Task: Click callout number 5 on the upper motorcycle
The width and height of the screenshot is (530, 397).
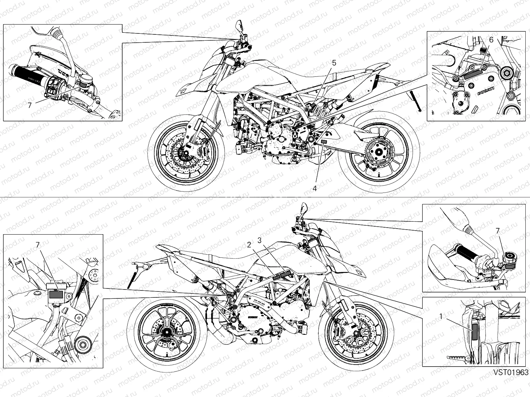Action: (x=334, y=63)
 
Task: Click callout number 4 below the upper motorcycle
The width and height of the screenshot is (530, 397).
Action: (x=315, y=189)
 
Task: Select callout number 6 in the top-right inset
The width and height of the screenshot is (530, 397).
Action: (x=491, y=40)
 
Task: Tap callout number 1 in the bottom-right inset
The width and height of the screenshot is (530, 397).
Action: (x=441, y=317)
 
